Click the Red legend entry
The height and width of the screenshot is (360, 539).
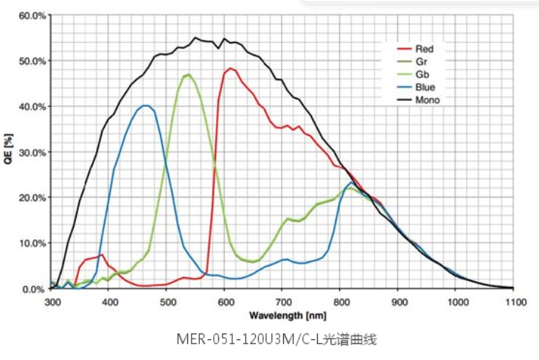(425, 49)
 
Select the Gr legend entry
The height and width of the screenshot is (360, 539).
(422, 62)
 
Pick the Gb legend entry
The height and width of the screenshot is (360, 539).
(422, 75)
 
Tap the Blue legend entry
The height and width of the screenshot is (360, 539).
(425, 87)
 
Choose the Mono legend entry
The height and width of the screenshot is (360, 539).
(428, 100)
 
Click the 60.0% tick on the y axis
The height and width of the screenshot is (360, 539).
(32, 15)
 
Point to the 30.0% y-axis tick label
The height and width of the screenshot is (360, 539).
(32, 152)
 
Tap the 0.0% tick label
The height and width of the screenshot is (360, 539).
(34, 288)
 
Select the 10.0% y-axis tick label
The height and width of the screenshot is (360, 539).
(32, 243)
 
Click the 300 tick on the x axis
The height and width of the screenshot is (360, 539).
(52, 302)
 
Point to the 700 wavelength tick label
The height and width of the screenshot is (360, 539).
(283, 302)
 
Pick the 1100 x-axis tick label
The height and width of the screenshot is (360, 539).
(514, 302)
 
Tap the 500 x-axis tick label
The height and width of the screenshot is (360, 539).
(167, 302)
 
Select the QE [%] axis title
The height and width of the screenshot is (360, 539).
(8, 151)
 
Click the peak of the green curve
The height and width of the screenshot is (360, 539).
(189, 74)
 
